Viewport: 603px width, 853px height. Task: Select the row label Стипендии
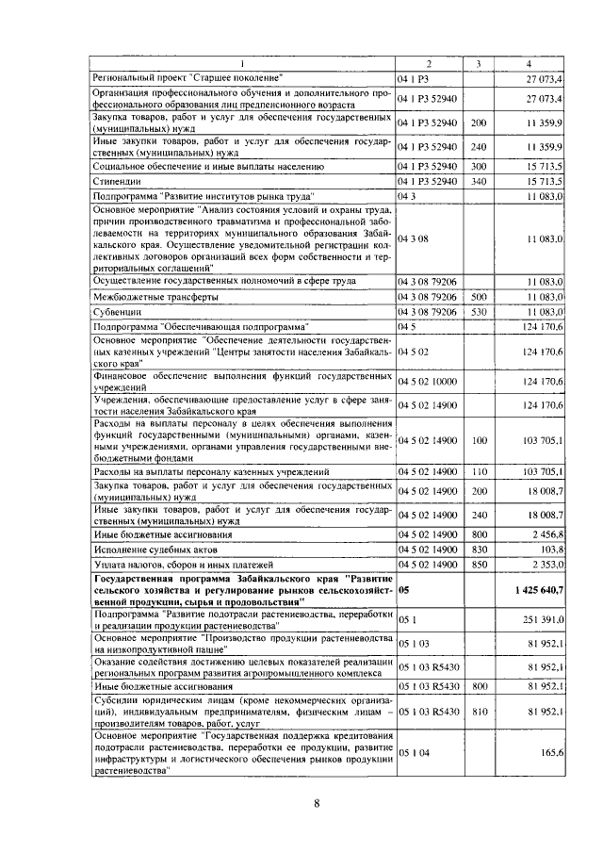[115, 180]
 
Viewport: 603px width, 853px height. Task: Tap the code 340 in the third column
[478, 180]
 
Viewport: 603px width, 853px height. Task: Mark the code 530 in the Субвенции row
[478, 310]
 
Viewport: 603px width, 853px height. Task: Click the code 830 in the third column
[478, 549]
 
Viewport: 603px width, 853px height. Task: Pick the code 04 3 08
[415, 239]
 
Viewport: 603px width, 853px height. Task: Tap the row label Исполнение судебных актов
[155, 549]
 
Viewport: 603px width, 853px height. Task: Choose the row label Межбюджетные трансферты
[155, 296]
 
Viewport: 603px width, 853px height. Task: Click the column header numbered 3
[478, 63]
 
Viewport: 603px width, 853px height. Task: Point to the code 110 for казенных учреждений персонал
[478, 470]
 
